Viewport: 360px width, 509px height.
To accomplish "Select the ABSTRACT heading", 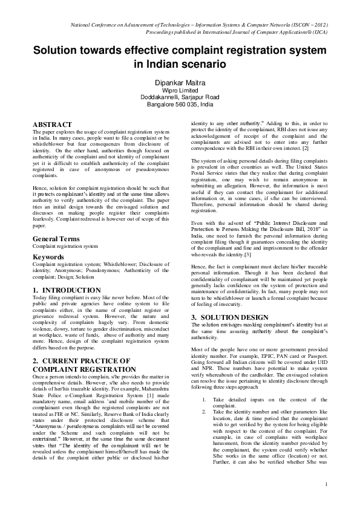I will click(52, 124).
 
